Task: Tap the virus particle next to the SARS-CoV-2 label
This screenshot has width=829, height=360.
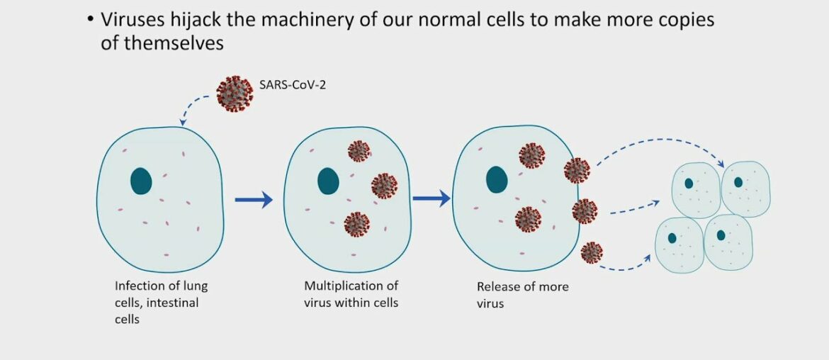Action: pyautogui.click(x=235, y=94)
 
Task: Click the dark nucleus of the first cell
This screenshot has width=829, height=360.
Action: pyautogui.click(x=141, y=181)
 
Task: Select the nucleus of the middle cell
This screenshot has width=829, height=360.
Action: pyautogui.click(x=328, y=180)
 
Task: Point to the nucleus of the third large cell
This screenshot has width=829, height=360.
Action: pyautogui.click(x=497, y=179)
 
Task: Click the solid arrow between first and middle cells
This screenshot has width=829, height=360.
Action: pyautogui.click(x=253, y=200)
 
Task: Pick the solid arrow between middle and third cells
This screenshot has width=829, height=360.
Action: pyautogui.click(x=431, y=198)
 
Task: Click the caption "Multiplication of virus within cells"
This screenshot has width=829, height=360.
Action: pyautogui.click(x=351, y=294)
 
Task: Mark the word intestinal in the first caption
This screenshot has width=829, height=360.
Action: pyautogui.click(x=173, y=303)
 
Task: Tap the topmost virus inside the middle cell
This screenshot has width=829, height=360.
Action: pyautogui.click(x=359, y=151)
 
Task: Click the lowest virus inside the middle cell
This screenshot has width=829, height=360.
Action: pyautogui.click(x=356, y=224)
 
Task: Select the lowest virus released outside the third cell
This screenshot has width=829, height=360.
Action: pyautogui.click(x=592, y=252)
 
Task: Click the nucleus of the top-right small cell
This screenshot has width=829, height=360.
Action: pyautogui.click(x=738, y=182)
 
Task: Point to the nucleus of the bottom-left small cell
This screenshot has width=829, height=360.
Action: pyautogui.click(x=672, y=238)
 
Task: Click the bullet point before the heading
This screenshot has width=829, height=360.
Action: pyautogui.click(x=90, y=20)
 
